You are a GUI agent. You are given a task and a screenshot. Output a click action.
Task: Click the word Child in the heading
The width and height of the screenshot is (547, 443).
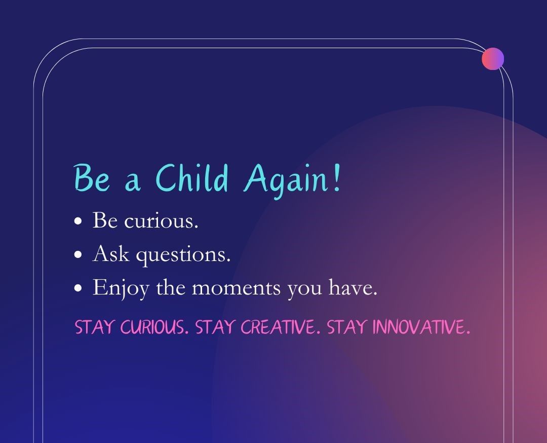pos(192,177)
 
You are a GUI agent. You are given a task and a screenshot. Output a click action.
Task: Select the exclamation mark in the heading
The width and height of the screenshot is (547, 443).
pos(337,178)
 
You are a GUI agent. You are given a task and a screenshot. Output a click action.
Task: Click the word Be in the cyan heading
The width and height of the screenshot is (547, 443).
pos(92,178)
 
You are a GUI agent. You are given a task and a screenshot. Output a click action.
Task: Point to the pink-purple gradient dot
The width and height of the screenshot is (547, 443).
pos(493,59)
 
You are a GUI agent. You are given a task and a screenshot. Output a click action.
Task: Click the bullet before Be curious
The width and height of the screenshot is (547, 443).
pos(79,221)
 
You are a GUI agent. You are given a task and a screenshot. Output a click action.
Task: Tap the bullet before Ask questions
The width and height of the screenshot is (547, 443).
pos(79,254)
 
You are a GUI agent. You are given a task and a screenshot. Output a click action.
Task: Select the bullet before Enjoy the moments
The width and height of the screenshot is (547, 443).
pos(79,288)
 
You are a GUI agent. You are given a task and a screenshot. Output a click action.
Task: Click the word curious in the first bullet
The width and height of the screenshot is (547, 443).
pos(161,220)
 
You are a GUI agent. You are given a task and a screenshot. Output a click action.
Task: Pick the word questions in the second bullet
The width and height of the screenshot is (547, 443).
pos(183,255)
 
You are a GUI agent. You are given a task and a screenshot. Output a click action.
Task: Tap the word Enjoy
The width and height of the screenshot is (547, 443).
pos(121,289)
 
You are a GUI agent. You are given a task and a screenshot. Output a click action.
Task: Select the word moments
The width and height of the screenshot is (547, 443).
pos(236,288)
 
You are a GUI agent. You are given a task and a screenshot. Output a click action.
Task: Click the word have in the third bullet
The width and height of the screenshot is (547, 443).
pos(353,287)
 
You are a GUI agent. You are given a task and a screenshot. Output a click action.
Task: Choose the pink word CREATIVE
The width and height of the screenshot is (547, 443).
pos(281,327)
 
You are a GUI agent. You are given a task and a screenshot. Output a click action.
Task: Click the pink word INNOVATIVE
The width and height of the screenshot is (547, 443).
pos(421,327)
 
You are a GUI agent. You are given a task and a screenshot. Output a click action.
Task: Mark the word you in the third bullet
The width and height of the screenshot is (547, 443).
pos(304,290)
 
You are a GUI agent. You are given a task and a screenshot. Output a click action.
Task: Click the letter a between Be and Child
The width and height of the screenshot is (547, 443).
pos(133,182)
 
